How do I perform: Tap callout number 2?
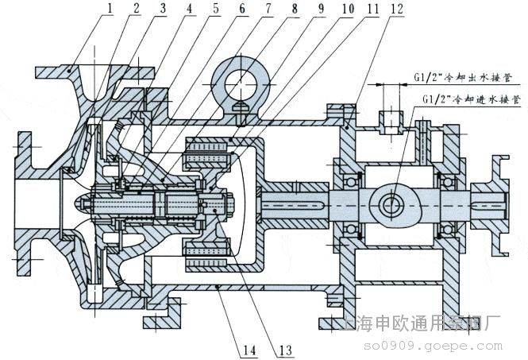coord(137,8)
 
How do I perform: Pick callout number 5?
coord(215,8)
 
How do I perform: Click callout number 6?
coord(243,8)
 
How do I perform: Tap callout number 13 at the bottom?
coord(285,350)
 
